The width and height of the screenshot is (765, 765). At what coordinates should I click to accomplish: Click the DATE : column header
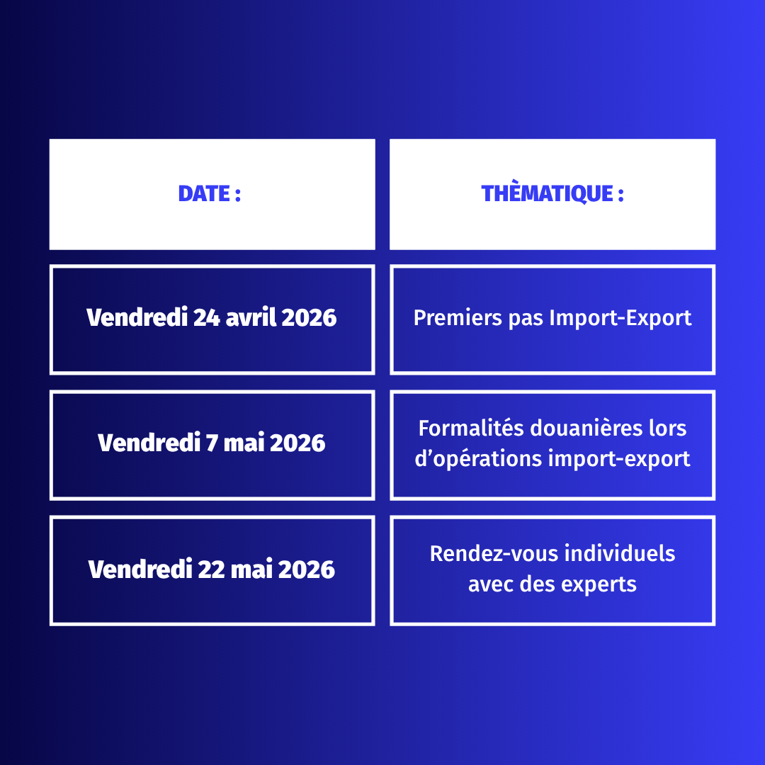coord(212,194)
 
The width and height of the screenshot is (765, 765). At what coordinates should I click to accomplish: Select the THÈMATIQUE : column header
coord(552,194)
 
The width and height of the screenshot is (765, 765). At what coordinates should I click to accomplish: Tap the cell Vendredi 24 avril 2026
coord(212,319)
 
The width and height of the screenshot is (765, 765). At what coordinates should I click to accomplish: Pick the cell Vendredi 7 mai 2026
coord(212,445)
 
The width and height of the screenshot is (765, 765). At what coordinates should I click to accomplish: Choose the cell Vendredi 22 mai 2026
coord(212,570)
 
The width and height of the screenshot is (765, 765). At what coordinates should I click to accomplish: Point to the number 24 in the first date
coord(206,317)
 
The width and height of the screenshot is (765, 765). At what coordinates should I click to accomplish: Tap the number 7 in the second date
coord(212,443)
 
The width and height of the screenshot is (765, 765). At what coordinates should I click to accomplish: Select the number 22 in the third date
coord(211,569)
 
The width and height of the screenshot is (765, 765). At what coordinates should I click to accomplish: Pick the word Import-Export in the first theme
coord(620,319)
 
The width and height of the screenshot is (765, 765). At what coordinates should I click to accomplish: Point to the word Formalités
coord(470,428)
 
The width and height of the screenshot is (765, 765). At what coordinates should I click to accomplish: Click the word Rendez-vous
coord(493,554)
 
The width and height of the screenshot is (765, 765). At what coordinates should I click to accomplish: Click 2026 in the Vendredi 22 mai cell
coord(307,569)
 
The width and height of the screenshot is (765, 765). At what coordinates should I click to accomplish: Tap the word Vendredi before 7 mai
coord(149,443)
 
